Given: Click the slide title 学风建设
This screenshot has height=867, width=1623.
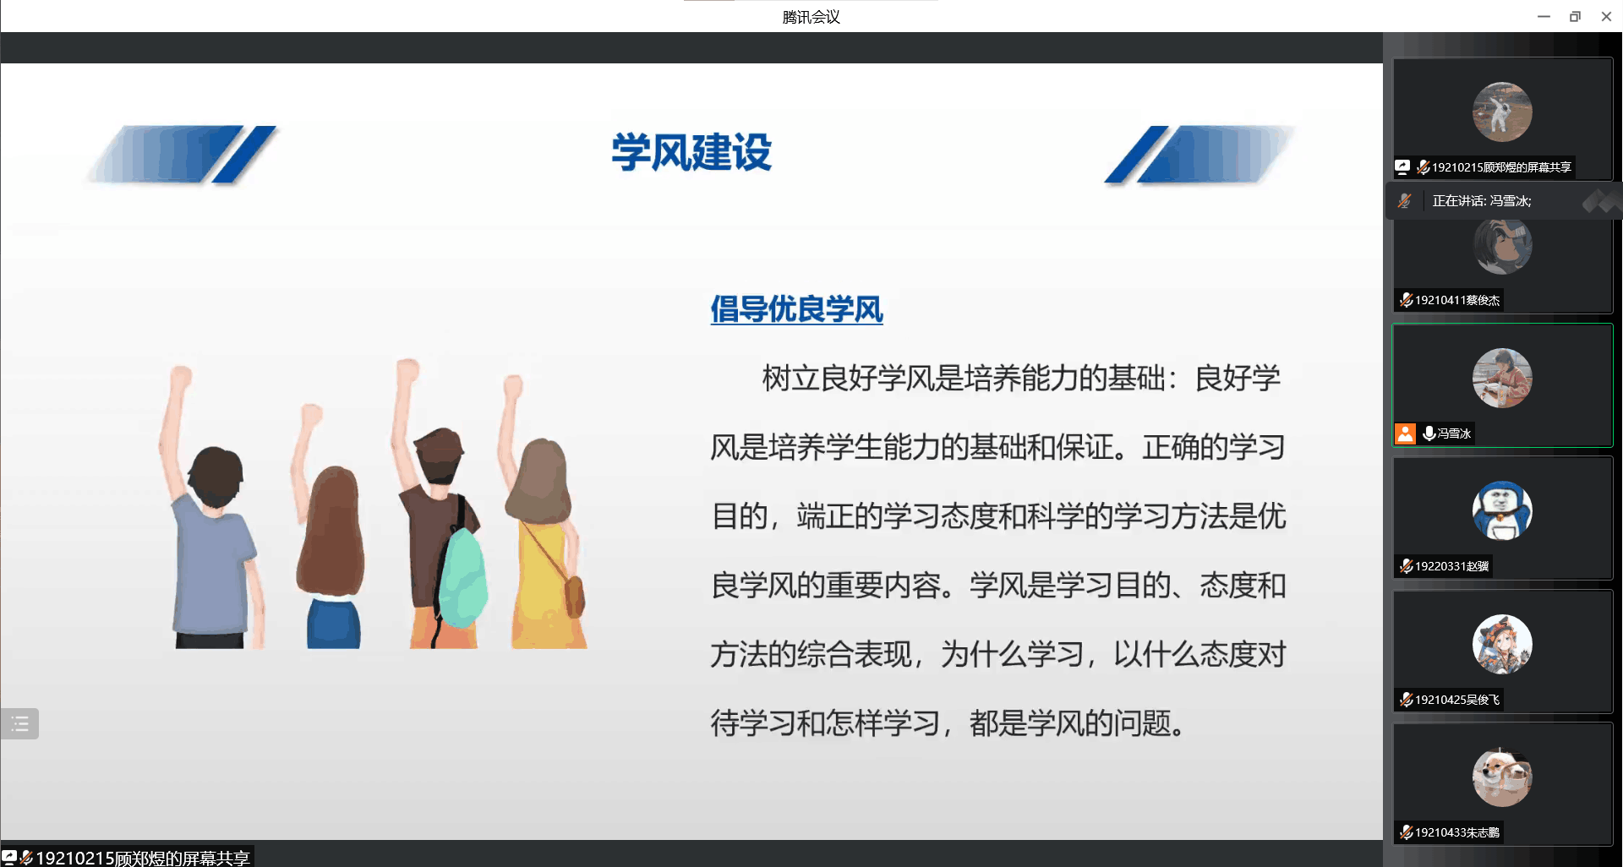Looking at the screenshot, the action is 691,152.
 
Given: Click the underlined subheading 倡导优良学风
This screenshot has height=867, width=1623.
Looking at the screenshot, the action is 796,309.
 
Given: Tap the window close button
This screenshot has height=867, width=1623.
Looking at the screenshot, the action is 1606,16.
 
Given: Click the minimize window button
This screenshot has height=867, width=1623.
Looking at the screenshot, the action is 1544,16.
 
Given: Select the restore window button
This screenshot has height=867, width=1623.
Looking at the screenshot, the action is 1575,16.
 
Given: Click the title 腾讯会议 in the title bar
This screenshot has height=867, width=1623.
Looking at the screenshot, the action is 811,17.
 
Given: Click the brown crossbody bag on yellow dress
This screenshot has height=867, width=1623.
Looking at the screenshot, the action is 575,596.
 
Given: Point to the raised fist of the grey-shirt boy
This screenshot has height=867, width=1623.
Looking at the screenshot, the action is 180,376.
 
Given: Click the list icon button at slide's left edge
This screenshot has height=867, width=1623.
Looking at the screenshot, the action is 19,723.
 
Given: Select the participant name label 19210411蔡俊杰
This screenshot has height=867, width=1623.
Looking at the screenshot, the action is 1450,300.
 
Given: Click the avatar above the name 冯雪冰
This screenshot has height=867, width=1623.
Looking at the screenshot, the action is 1502,378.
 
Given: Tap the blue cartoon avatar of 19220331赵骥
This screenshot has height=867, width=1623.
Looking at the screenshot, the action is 1502,510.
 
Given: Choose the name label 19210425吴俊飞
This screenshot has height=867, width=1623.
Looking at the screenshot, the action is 1450,700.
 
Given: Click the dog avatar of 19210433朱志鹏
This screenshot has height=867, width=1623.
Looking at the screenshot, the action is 1502,777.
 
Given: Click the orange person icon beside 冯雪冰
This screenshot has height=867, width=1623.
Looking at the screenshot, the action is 1405,433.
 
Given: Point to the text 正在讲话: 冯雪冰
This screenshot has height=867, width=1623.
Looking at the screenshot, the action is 1481,201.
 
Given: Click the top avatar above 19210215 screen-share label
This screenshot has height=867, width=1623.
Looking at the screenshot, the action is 1502,112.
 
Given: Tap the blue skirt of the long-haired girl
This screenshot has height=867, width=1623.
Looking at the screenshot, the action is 334,624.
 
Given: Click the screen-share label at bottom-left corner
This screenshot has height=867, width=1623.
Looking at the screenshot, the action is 127,857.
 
